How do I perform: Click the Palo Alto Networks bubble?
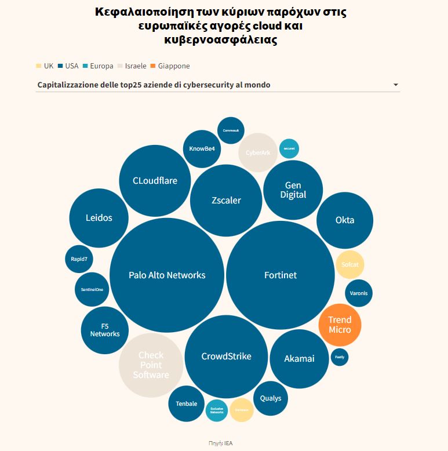[x=167, y=275]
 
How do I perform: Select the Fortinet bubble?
[x=280, y=275]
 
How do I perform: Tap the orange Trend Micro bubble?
[x=340, y=325]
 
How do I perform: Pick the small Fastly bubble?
[x=340, y=357]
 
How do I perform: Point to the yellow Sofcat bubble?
[x=350, y=265]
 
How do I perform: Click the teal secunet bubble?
[x=289, y=149]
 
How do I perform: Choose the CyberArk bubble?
[x=258, y=152]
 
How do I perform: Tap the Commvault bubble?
[x=231, y=130]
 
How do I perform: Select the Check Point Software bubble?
[x=151, y=365]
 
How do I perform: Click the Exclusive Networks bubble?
[x=217, y=410]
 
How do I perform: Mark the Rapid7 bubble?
[x=79, y=259]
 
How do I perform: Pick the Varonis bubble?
[x=359, y=293]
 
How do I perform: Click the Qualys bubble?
[x=271, y=398]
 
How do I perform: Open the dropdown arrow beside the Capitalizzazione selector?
[x=396, y=85]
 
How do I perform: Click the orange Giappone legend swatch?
[x=152, y=66]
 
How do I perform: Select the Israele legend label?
[x=135, y=66]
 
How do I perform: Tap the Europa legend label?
[x=101, y=66]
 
